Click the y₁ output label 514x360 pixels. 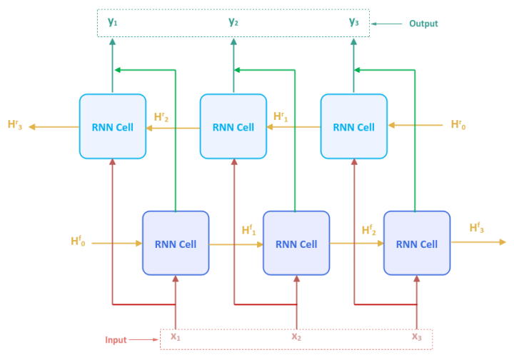(112, 22)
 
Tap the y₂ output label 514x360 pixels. (233, 22)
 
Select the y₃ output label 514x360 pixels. (354, 22)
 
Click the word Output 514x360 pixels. (423, 24)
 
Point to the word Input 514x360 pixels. (116, 340)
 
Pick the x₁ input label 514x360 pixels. (175, 336)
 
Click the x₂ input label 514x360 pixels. (296, 336)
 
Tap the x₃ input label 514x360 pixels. (417, 336)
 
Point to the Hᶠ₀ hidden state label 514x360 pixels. (79, 241)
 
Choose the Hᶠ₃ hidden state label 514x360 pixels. (477, 228)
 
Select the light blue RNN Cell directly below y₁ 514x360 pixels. (112, 127)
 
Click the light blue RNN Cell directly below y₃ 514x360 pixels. (354, 127)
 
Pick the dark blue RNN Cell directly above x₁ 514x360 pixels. (176, 244)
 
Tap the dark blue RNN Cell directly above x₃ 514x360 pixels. (417, 244)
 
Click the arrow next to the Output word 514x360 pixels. (387, 24)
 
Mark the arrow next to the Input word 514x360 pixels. (147, 340)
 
